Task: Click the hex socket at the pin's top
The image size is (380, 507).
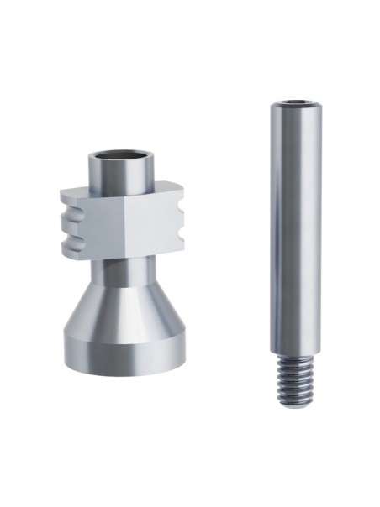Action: pyautogui.click(x=296, y=103)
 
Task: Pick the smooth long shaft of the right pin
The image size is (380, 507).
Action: pyautogui.click(x=296, y=227)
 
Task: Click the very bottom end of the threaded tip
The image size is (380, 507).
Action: pyautogui.click(x=296, y=409)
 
